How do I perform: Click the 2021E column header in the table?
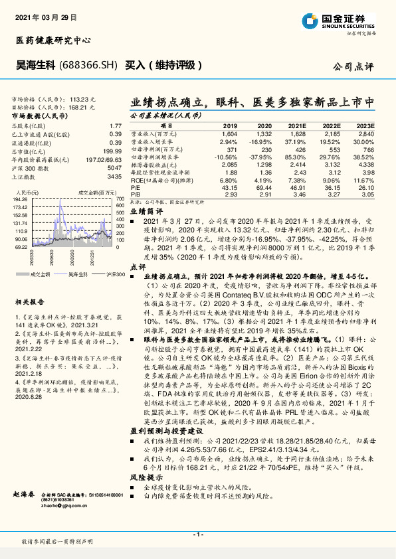tap(297, 126)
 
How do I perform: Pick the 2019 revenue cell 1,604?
tap(229, 134)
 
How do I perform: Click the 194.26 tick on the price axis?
tap(19, 199)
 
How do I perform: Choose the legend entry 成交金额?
tap(42, 274)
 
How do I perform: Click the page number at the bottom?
tap(197, 534)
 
